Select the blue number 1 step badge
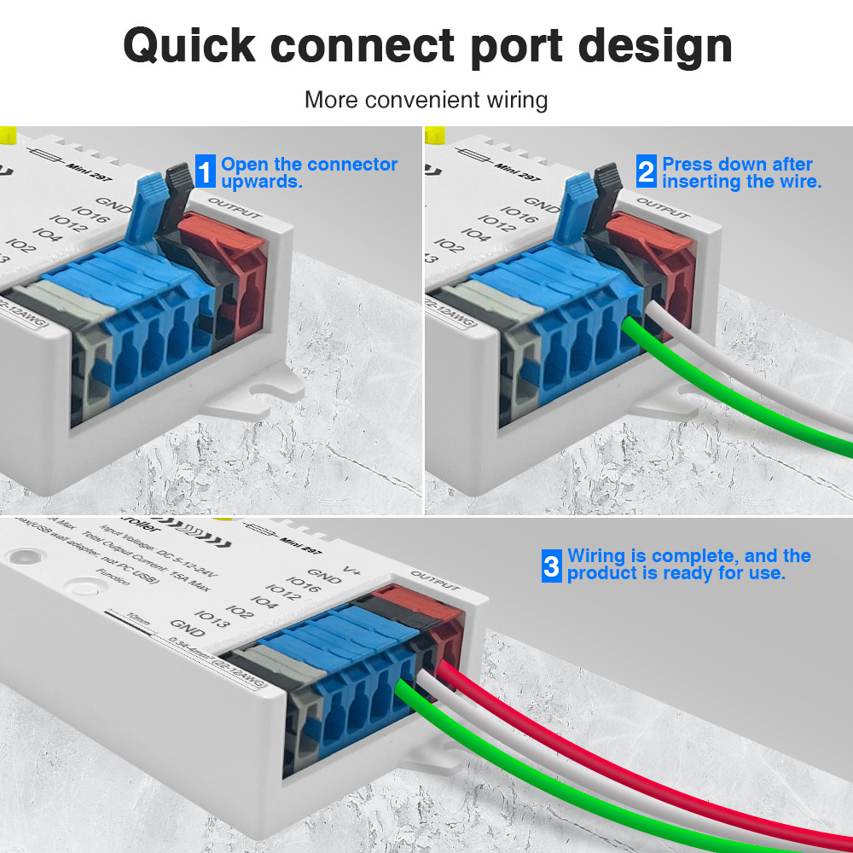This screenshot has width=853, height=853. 206,171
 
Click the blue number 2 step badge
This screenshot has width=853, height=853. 647,171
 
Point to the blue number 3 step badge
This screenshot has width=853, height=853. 552,566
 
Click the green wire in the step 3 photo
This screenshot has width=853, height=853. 546,780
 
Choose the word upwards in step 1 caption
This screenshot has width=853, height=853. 262,182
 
